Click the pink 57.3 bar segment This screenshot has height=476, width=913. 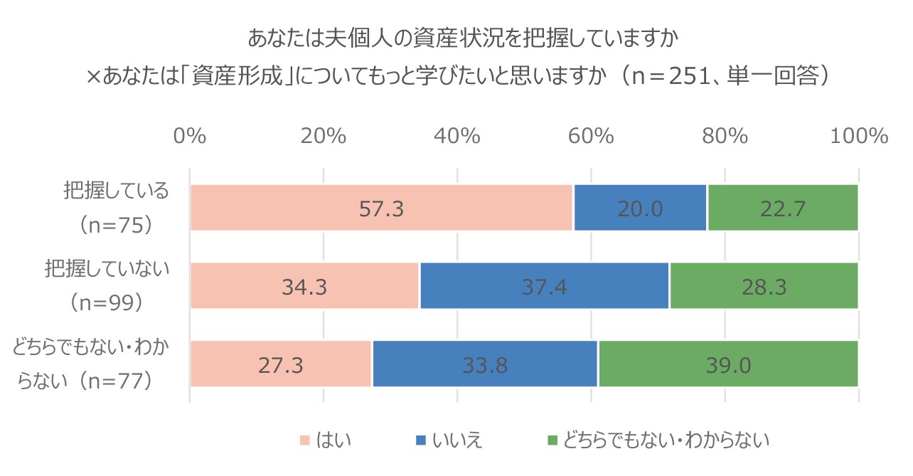tap(381, 208)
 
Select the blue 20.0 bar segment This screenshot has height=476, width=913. tap(640, 208)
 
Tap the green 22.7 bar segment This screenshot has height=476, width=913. tap(782, 208)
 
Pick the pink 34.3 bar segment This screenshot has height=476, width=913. tap(305, 285)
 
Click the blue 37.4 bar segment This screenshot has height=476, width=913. tap(544, 285)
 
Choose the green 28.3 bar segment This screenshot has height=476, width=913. tap(764, 285)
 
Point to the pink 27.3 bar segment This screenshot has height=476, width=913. tap(281, 364)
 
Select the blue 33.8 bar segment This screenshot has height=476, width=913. tap(485, 364)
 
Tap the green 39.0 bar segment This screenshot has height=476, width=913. tap(728, 364)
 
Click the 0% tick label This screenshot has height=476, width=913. tap(190, 136)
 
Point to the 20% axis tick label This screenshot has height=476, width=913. tap(324, 136)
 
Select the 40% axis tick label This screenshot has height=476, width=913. tap(457, 136)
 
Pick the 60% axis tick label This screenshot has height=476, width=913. tap(591, 136)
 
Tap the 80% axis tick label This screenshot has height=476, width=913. tap(725, 136)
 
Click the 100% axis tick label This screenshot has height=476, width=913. tap(859, 136)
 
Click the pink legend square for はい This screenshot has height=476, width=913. tap(304, 441)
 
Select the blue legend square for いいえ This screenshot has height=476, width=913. tap(420, 441)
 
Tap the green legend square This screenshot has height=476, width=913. tap(552, 441)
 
